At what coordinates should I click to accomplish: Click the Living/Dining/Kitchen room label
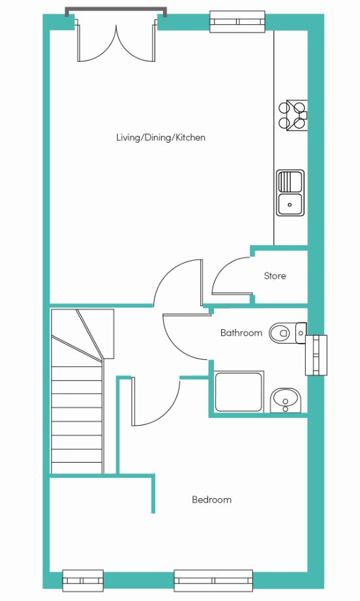pyautogui.click(x=160, y=138)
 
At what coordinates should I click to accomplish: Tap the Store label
pyautogui.click(x=275, y=276)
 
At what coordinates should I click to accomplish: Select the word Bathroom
pyautogui.click(x=241, y=332)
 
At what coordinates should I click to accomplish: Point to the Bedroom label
pyautogui.click(x=211, y=499)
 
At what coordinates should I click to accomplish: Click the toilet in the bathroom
pyautogui.click(x=288, y=332)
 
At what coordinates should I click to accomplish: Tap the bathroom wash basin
pyautogui.click(x=286, y=400)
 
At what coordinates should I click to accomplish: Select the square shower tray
pyautogui.click(x=239, y=391)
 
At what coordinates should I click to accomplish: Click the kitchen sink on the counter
pyautogui.click(x=291, y=193)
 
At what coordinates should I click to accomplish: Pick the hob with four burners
pyautogui.click(x=293, y=115)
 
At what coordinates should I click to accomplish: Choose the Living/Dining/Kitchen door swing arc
pyautogui.click(x=165, y=272)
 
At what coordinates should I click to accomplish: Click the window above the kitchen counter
pyautogui.click(x=237, y=21)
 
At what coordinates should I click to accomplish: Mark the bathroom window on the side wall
pyautogui.click(x=316, y=355)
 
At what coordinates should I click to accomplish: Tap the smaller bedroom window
pyautogui.click(x=83, y=580)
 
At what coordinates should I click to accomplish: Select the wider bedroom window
pyautogui.click(x=213, y=580)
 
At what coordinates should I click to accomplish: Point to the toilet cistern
pyautogui.click(x=301, y=332)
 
